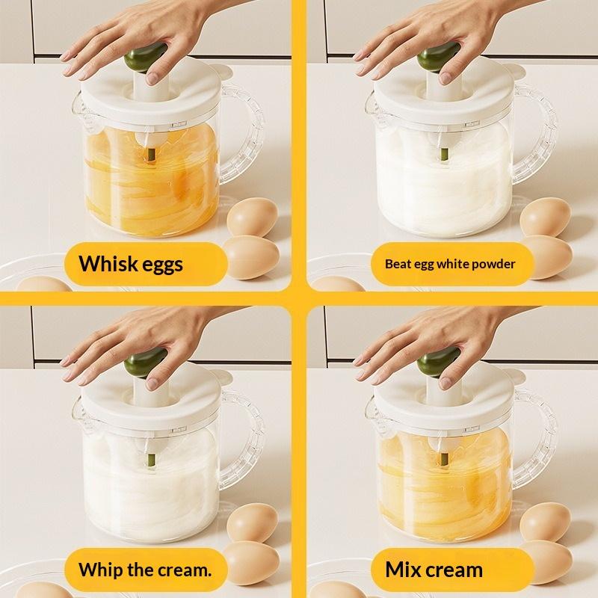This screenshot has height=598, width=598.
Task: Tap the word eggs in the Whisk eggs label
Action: (x=161, y=265)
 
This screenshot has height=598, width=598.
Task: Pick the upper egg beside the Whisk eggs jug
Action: (x=252, y=217)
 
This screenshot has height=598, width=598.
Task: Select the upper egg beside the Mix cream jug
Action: (x=545, y=522)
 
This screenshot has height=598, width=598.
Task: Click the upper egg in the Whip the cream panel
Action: (x=252, y=522)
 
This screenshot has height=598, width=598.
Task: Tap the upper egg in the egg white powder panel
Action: (x=545, y=217)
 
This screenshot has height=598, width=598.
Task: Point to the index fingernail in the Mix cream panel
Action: (x=445, y=383)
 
